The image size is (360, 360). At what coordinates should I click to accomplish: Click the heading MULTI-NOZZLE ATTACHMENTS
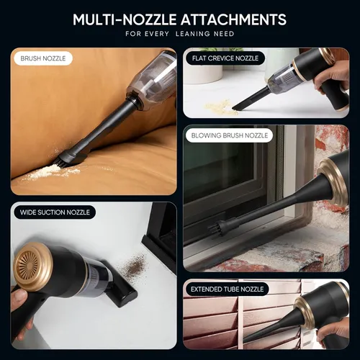[x=179, y=19]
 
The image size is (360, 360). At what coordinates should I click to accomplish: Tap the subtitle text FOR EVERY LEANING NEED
[x=179, y=34]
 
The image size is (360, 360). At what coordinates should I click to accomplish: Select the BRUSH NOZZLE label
[x=41, y=58]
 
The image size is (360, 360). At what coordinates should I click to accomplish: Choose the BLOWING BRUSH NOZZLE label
[x=228, y=135]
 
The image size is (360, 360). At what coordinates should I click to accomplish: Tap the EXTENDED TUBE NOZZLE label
[x=225, y=289]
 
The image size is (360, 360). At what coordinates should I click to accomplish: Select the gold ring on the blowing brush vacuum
[x=333, y=177]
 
